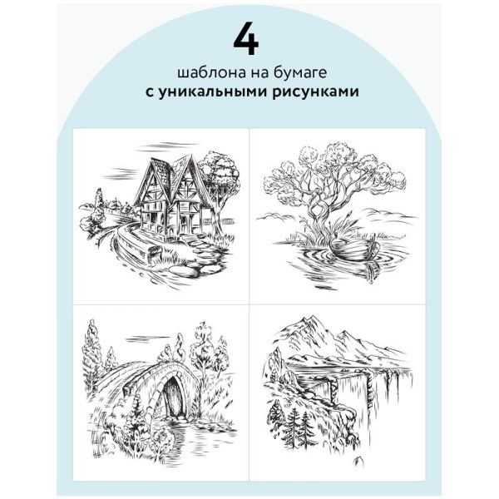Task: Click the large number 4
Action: click(245, 39)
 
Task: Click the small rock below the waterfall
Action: click(359, 461)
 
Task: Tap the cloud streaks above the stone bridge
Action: click(148, 339)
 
